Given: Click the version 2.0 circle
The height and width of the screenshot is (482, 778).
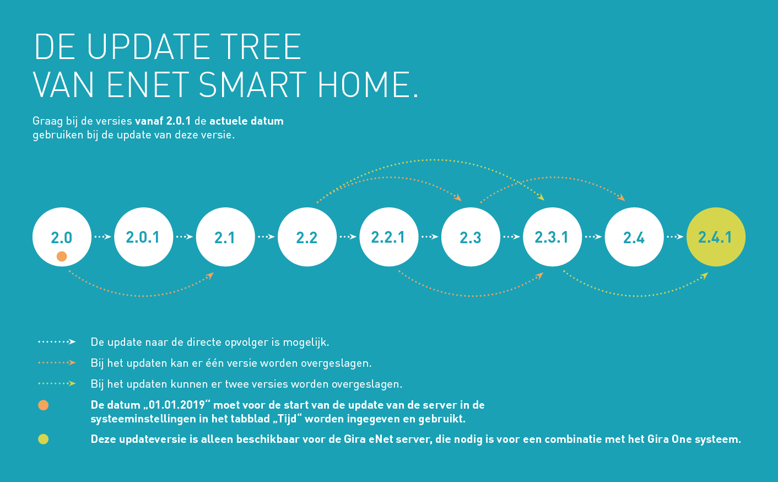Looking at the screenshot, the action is tap(62, 237).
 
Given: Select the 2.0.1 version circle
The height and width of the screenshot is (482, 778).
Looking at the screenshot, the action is tap(143, 237).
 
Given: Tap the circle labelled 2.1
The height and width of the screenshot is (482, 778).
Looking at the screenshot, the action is tap(225, 237).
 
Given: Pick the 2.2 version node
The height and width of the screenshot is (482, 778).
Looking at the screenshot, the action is tap(307, 237).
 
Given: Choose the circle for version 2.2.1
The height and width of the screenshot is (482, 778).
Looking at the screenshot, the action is tap(389, 237).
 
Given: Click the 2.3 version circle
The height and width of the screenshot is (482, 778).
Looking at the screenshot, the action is tap(471, 237).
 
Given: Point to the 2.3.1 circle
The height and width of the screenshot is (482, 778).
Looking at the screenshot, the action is tap(552, 237).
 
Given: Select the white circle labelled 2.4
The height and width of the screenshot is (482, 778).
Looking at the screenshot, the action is tap(634, 237).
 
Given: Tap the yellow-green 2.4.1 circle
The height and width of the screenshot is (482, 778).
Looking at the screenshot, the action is tap(716, 237).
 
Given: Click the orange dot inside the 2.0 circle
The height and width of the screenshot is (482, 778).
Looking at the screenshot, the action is tap(62, 256).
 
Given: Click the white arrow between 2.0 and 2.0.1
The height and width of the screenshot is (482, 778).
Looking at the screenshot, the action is tap(103, 237).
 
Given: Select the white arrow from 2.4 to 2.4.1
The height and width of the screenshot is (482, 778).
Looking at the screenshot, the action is tap(675, 237).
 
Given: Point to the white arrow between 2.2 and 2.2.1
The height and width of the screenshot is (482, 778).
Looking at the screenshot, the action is tap(348, 237).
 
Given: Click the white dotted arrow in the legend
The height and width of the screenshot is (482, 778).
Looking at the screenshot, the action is tap(57, 342).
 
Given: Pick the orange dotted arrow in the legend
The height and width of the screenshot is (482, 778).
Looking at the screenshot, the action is tap(57, 363).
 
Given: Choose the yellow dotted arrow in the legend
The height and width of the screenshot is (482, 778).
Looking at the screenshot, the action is tap(57, 384).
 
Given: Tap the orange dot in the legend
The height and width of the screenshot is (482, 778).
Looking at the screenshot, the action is tap(44, 405).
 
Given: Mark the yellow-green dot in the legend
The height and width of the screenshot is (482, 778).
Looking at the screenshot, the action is tap(44, 439).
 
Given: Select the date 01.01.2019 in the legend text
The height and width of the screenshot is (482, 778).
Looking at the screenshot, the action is tap(176, 405).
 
